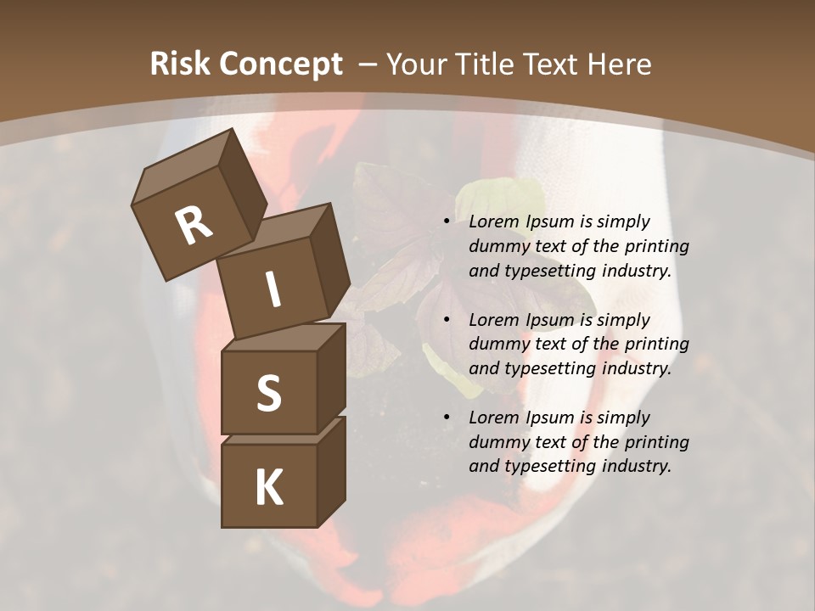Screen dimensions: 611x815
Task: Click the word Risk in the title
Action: click(x=179, y=64)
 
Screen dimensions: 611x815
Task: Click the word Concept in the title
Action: click(x=282, y=64)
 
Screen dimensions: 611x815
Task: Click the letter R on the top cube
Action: click(x=194, y=226)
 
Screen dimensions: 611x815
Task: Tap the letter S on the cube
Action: click(x=268, y=394)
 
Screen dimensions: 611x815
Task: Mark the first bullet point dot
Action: click(x=447, y=222)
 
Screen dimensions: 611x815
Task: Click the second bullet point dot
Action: click(x=447, y=321)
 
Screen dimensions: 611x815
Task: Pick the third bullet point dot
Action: click(x=447, y=418)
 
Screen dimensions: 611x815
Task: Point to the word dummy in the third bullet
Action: click(x=496, y=442)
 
